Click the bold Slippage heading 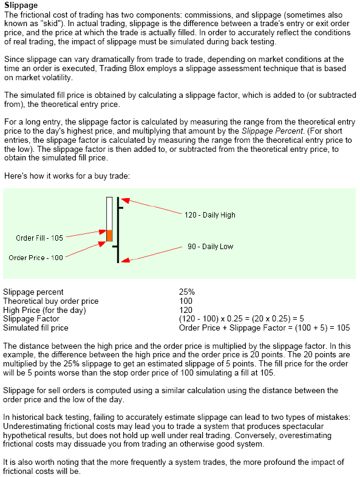(x=21, y=5)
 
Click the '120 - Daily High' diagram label (x=209, y=215)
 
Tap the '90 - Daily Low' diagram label (x=210, y=247)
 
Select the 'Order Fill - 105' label (x=39, y=238)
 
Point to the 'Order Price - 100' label (x=36, y=258)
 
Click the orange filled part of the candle (x=109, y=236)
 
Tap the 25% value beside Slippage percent (x=187, y=292)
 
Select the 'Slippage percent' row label (x=33, y=292)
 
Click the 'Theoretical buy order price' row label (x=50, y=301)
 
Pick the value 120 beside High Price (x=185, y=310)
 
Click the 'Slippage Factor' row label (x=31, y=318)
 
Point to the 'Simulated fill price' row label (x=36, y=328)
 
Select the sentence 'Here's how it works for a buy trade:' (x=67, y=176)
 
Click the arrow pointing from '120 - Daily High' (x=152, y=207)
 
